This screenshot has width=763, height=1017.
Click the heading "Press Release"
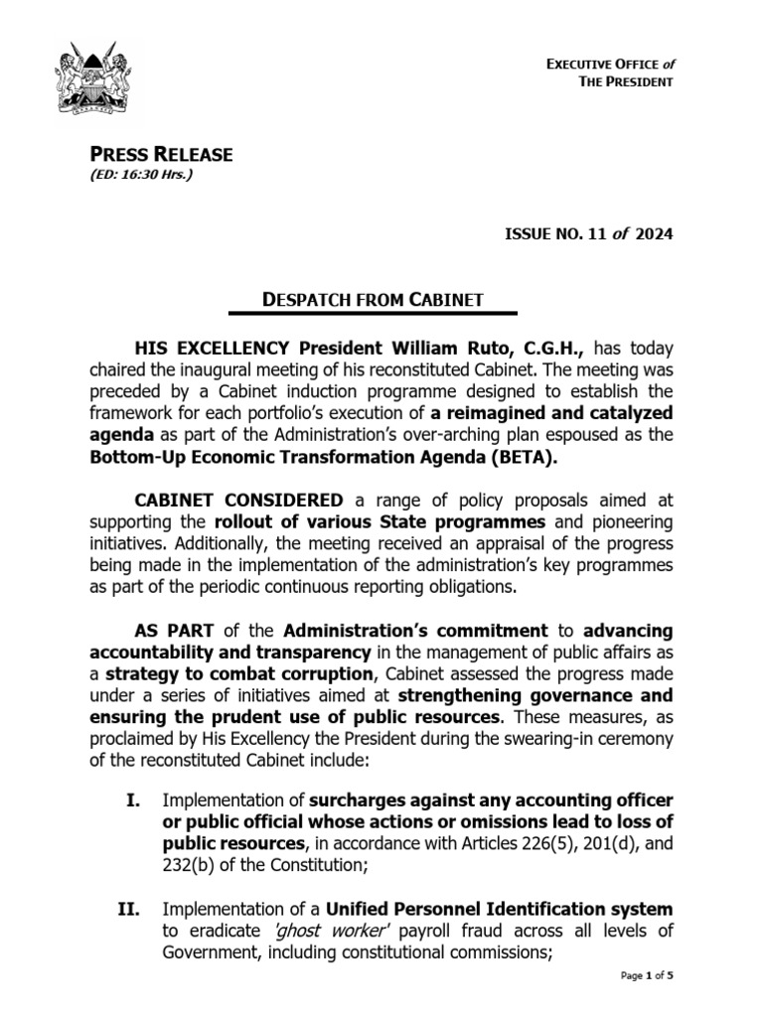click(162, 154)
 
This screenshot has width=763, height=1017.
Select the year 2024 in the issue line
click(652, 234)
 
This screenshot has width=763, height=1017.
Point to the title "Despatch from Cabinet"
click(372, 298)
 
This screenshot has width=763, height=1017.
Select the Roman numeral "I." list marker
click(137, 799)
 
